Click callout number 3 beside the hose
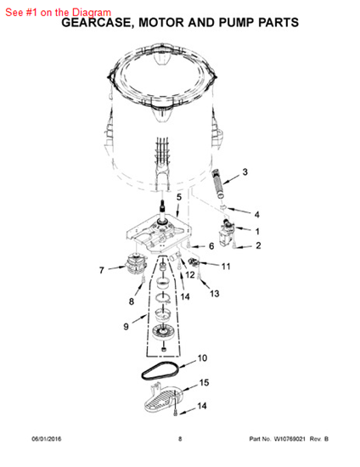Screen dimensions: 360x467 (245, 172)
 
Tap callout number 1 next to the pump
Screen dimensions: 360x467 (257, 232)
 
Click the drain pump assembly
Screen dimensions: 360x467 (228, 232)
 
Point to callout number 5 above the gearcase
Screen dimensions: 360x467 (179, 197)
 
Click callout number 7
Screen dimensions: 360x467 (102, 270)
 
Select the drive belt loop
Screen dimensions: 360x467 (160, 371)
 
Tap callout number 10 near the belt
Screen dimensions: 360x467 (202, 358)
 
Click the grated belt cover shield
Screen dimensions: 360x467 (164, 399)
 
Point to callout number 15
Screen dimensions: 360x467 (204, 382)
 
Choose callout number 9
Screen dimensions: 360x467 (126, 327)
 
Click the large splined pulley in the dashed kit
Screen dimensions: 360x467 (163, 332)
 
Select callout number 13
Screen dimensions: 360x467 (215, 294)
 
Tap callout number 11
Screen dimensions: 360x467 (226, 267)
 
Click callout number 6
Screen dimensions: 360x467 (211, 246)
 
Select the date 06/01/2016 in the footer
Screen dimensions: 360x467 (47, 439)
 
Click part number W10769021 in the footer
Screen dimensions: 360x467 (290, 439)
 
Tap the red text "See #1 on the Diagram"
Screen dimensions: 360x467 (58, 13)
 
